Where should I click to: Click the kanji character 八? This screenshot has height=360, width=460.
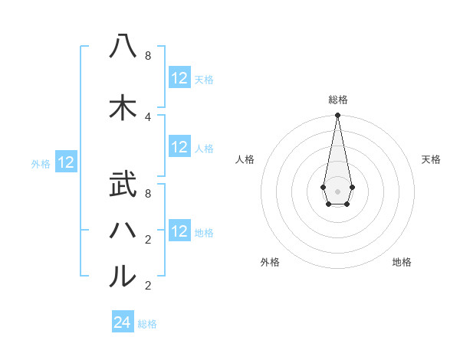coord(123,47)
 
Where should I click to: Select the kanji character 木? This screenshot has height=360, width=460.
coord(123,108)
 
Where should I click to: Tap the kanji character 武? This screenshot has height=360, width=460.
coord(123,186)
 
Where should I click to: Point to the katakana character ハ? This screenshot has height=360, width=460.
coord(123,229)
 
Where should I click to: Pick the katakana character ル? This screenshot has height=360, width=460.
coord(123,275)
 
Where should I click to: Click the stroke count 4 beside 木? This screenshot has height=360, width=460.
coord(148,116)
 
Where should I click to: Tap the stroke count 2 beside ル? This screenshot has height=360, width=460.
coord(148,286)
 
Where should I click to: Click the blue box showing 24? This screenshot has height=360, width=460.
coord(123,322)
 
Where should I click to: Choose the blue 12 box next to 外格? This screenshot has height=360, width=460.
coord(66,162)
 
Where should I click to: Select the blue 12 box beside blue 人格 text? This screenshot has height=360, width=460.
coord(179,148)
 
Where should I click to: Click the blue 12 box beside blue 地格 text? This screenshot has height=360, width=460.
coord(179,231)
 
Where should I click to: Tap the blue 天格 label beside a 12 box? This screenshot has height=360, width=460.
coord(204,80)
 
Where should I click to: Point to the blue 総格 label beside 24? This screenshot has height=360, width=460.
coord(147,324)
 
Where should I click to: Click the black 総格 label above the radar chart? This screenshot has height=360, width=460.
coord(337,100)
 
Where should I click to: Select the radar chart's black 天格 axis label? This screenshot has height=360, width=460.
coord(431,159)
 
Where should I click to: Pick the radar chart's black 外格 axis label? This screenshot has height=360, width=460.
coord(270,262)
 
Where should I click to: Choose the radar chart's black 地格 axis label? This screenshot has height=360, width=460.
coord(402,262)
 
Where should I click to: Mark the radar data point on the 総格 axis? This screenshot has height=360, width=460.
coord(337,116)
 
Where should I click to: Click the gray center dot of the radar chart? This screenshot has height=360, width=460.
coord(337,191)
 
